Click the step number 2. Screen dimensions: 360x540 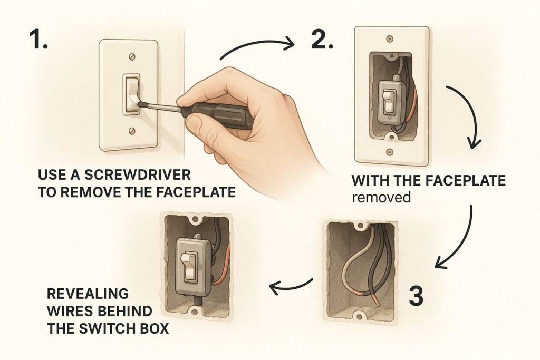coord(321,41)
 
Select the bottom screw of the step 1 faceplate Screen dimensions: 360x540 coord(129,130)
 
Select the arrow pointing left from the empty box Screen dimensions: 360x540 coord(291,285)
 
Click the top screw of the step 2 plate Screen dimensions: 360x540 coord(389,39)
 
